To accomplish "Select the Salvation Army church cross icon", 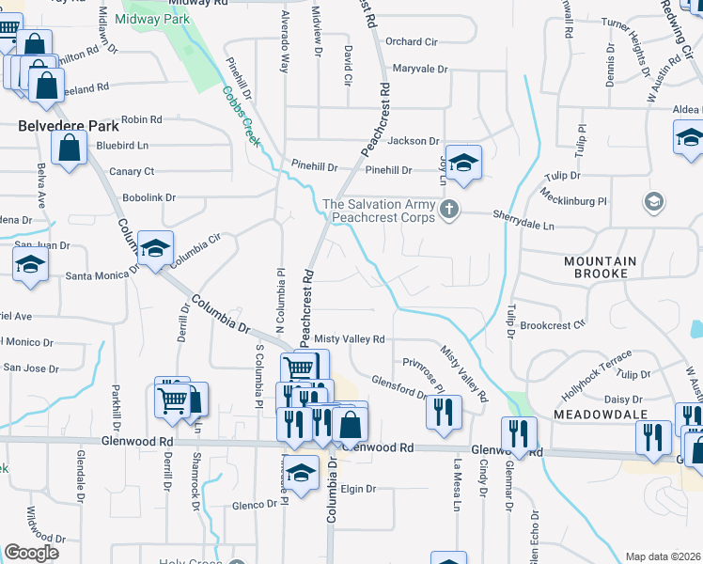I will (x=449, y=209).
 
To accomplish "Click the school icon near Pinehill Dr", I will (x=463, y=164).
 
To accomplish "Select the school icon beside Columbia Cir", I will (x=155, y=248).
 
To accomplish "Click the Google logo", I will (x=31, y=553).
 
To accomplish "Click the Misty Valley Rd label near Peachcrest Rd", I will (x=350, y=338).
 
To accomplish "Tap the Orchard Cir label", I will (x=412, y=41).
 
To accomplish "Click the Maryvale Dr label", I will (x=419, y=69).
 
